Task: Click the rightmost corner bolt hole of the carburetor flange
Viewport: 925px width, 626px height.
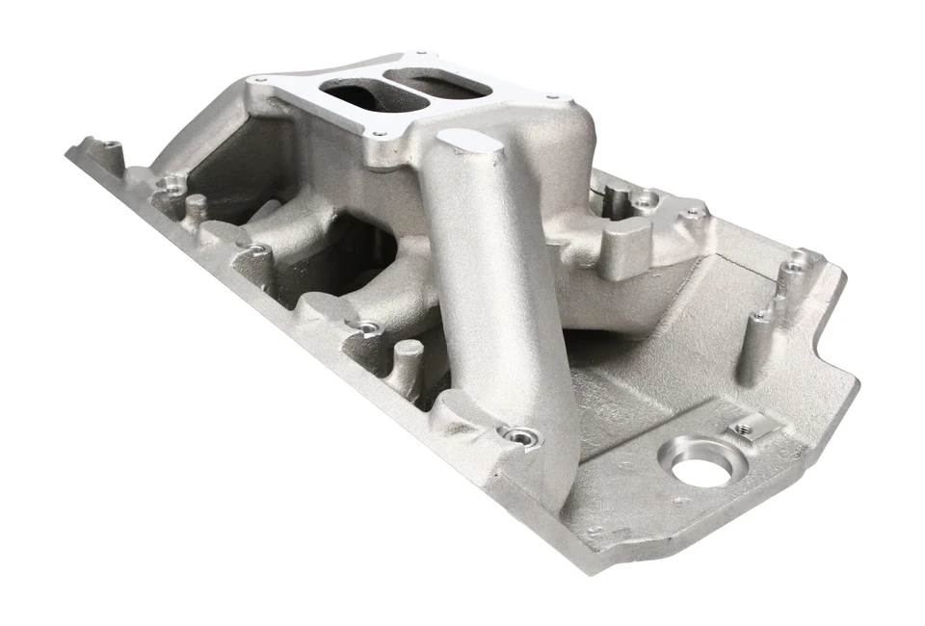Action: [552, 95]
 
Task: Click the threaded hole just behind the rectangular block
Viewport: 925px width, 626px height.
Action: [643, 201]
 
